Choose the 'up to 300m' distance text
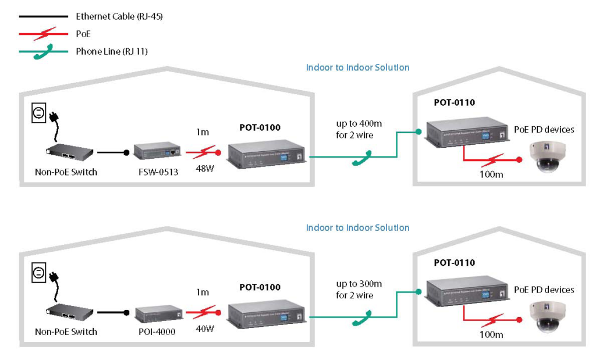coord(359,284)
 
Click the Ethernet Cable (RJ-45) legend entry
coord(119,17)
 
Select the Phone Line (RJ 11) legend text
coord(112,51)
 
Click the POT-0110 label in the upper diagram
coord(454,103)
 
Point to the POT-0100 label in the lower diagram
coord(260,287)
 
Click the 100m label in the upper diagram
coord(491,174)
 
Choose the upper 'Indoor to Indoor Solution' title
coord(357,67)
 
